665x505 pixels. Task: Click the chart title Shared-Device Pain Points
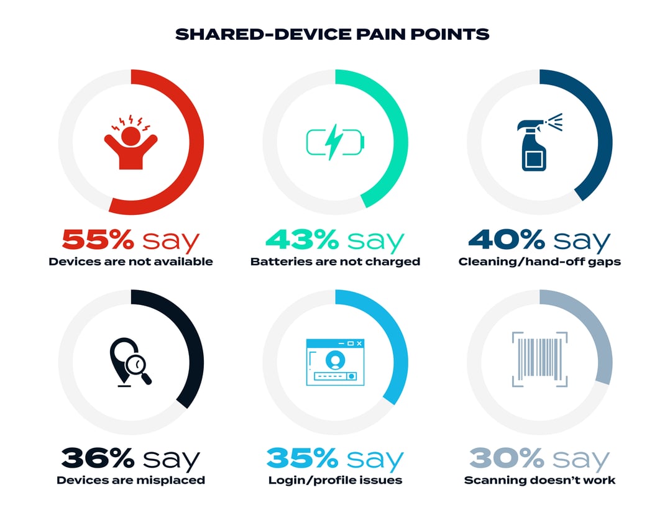tap(332, 34)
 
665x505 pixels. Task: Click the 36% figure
tap(98, 459)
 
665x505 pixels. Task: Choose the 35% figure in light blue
tap(301, 459)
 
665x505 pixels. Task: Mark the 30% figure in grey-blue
tap(507, 459)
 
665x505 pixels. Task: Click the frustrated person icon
tap(131, 142)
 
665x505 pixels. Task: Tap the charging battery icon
tap(334, 142)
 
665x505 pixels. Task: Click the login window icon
tap(335, 362)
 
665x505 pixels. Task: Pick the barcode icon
tap(539, 359)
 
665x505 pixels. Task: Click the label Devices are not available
tap(131, 262)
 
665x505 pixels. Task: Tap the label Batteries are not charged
tap(335, 262)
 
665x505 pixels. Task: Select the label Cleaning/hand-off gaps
tap(539, 262)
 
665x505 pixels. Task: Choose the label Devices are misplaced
tap(131, 480)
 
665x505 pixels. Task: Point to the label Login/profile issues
tap(335, 480)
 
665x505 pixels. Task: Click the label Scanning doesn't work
tap(539, 480)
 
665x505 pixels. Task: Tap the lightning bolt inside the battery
tap(334, 142)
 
